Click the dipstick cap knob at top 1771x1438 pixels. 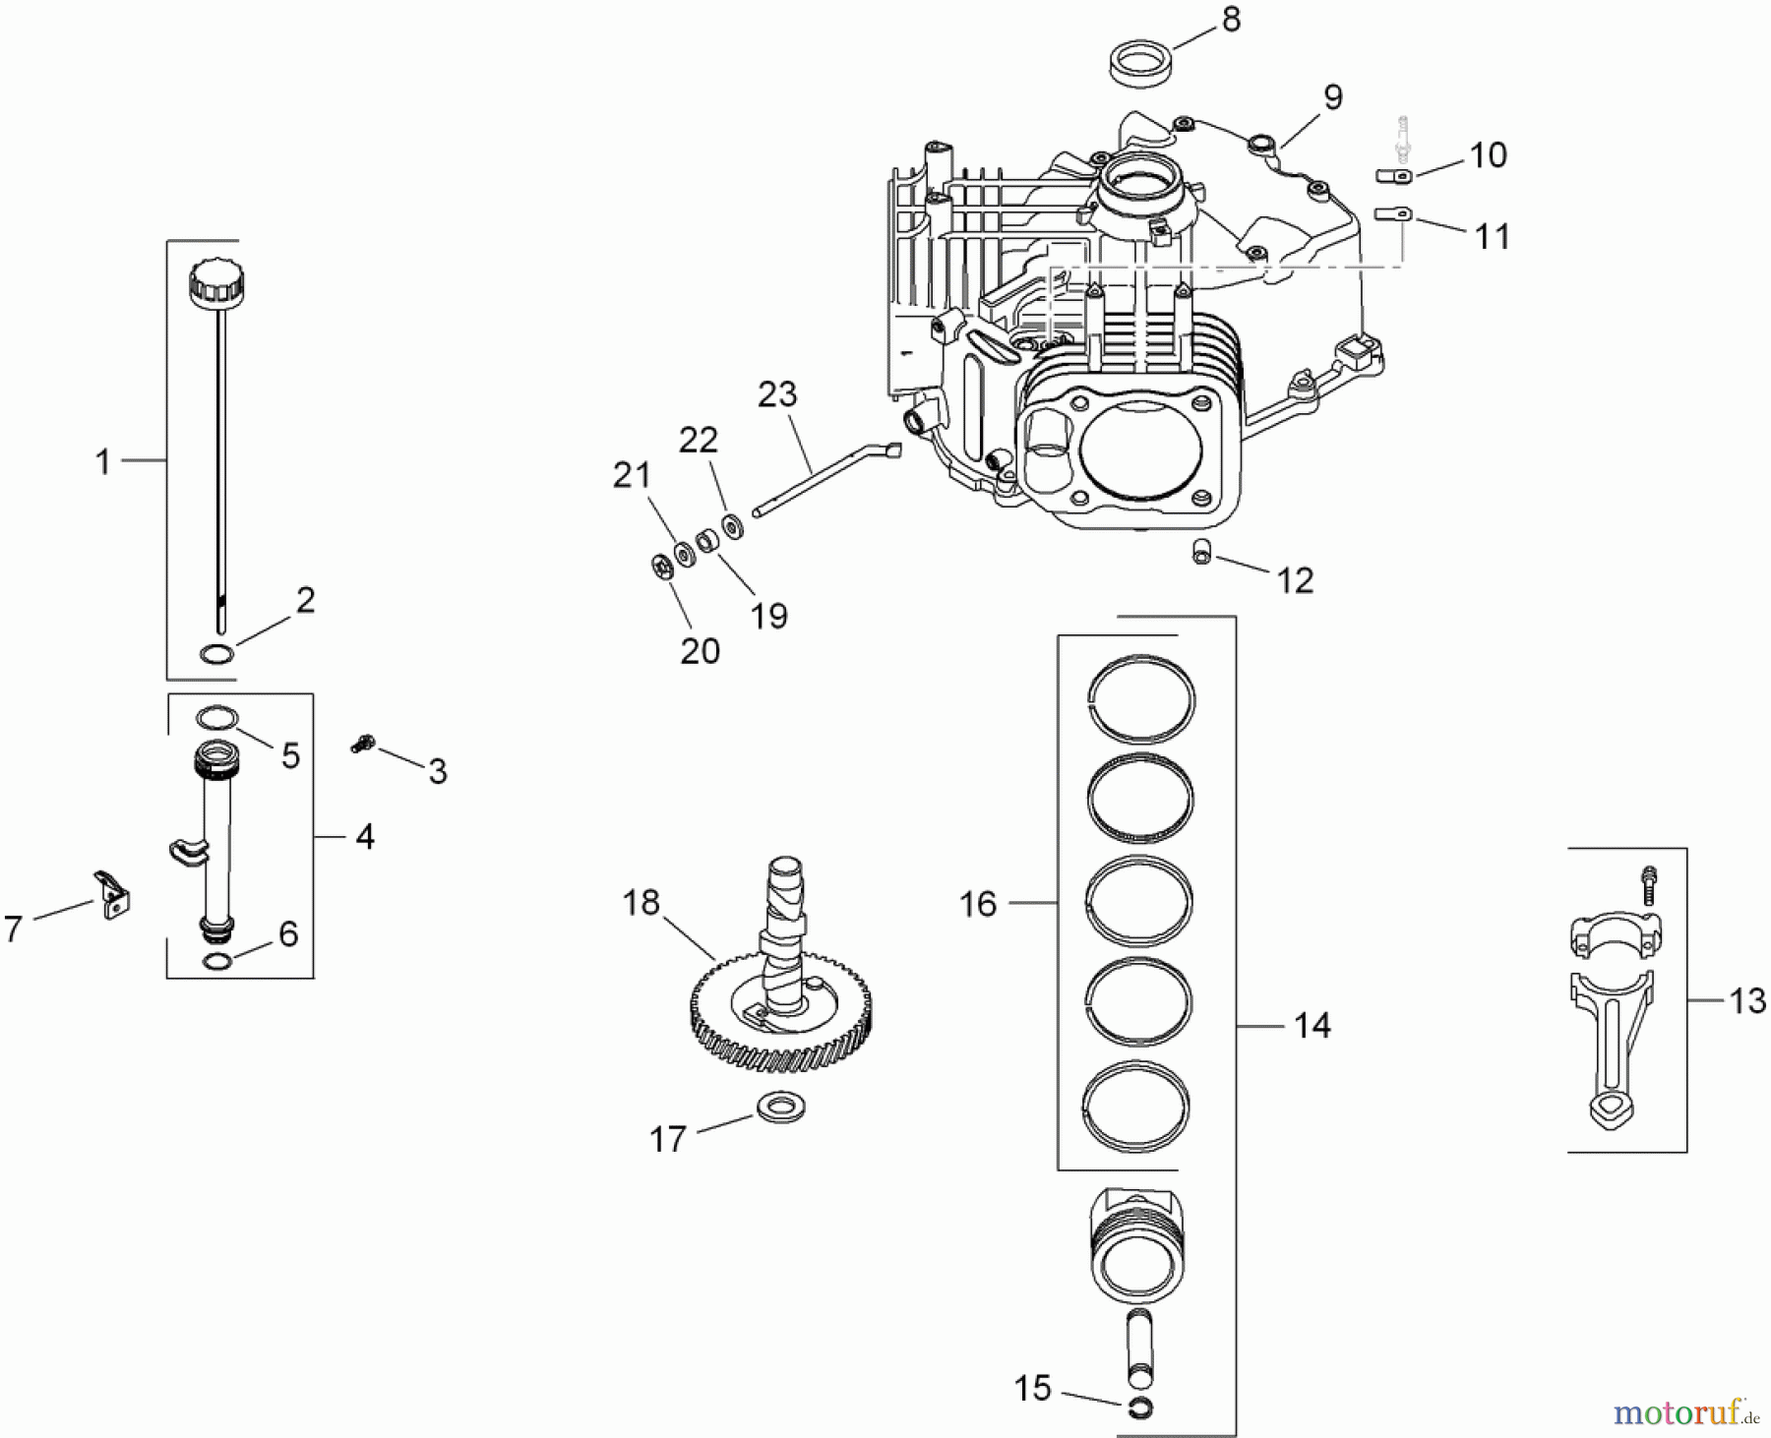pyautogui.click(x=216, y=284)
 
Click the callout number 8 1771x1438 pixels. pyautogui.click(x=1231, y=21)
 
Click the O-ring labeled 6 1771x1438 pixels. pyautogui.click(x=217, y=961)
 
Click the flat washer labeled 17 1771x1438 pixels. pyautogui.click(x=781, y=1108)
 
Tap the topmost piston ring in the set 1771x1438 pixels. pyautogui.click(x=1141, y=698)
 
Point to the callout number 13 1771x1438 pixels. pyautogui.click(x=1746, y=1001)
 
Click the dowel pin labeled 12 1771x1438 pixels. pyautogui.click(x=1201, y=552)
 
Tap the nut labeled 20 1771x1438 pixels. pyautogui.click(x=661, y=568)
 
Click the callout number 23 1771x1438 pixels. pyautogui.click(x=777, y=394)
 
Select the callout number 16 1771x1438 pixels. pyautogui.click(x=977, y=904)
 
